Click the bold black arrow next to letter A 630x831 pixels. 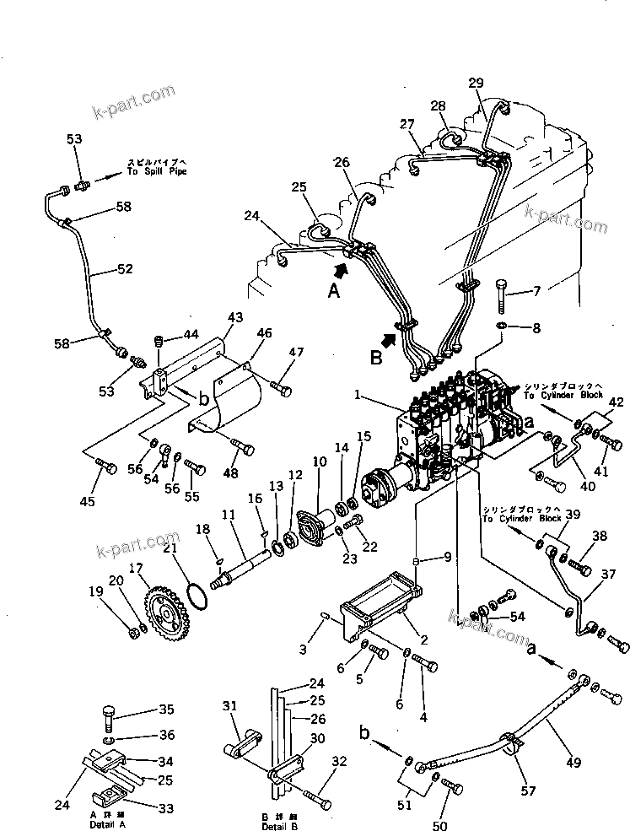point(340,270)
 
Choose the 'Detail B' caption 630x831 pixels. point(279,825)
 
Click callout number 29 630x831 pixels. point(476,82)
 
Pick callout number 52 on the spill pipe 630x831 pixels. point(124,270)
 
